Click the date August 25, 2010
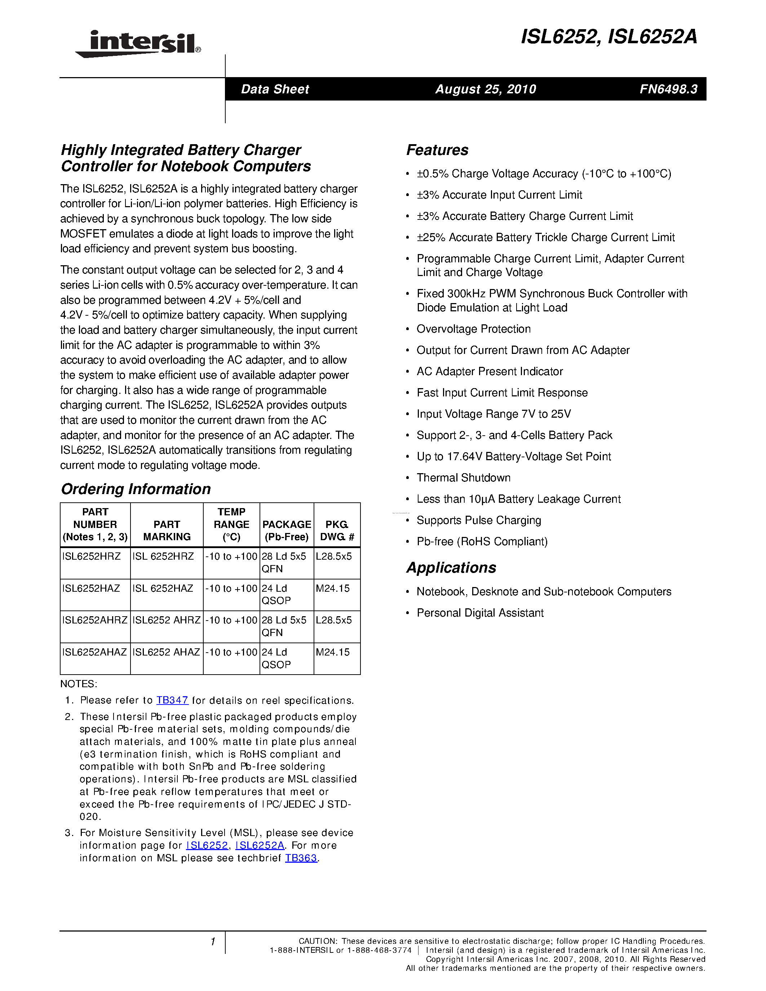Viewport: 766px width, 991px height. point(486,89)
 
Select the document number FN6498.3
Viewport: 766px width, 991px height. point(668,89)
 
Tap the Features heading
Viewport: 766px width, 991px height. point(437,150)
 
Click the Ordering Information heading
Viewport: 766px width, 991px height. point(136,489)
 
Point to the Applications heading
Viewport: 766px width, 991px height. point(451,568)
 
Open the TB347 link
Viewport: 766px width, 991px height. point(172,700)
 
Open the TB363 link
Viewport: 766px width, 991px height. point(301,858)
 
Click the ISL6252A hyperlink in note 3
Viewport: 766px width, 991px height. point(260,845)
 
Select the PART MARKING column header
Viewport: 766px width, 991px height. point(167,530)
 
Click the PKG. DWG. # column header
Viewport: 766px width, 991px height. point(337,530)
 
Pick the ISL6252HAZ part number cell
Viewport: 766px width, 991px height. point(91,588)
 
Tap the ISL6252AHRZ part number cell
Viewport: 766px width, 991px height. point(95,620)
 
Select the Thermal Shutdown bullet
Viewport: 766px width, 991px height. point(463,478)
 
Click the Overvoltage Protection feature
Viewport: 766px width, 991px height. point(473,329)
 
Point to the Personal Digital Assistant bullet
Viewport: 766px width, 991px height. point(480,613)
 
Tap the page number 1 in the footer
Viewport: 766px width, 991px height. point(212,942)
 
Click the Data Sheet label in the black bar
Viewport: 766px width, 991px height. point(275,89)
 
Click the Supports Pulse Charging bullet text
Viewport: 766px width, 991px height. point(479,520)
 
